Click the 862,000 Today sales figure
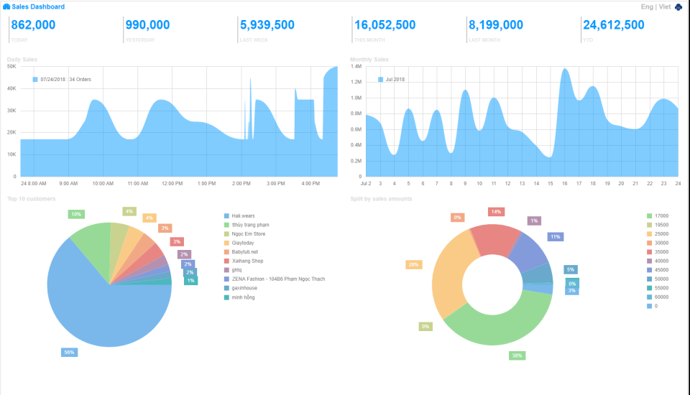point(33,25)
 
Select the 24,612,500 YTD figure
point(613,25)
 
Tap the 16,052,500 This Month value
point(385,25)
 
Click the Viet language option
point(665,6)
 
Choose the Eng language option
point(646,6)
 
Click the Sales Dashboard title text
point(38,6)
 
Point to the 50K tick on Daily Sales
point(11,66)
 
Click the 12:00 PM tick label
point(172,184)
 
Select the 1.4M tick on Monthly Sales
point(356,66)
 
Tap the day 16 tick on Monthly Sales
point(565,184)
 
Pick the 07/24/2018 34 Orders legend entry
point(65,79)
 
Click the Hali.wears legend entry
point(243,215)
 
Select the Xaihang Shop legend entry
point(247,261)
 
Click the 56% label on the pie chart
point(69,353)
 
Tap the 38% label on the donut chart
point(517,355)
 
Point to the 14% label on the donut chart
point(495,212)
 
